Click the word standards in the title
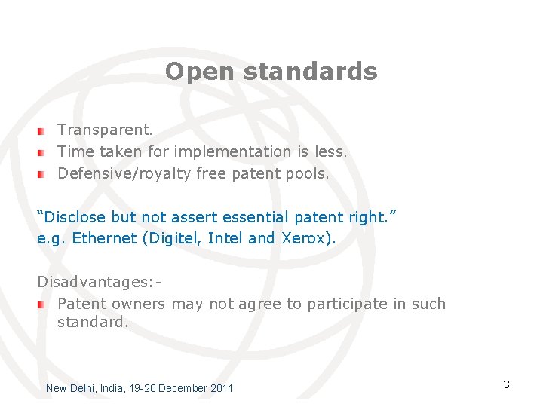tap(311, 72)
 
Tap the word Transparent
tap(105, 130)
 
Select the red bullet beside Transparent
tap(43, 130)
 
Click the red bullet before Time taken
tap(43, 152)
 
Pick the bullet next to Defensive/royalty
tap(43, 174)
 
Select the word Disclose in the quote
tap(75, 217)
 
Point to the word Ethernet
tap(103, 239)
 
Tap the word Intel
tap(225, 239)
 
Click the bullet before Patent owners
tap(43, 304)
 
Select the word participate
tap(347, 304)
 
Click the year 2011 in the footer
tap(222, 388)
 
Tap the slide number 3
tap(506, 384)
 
